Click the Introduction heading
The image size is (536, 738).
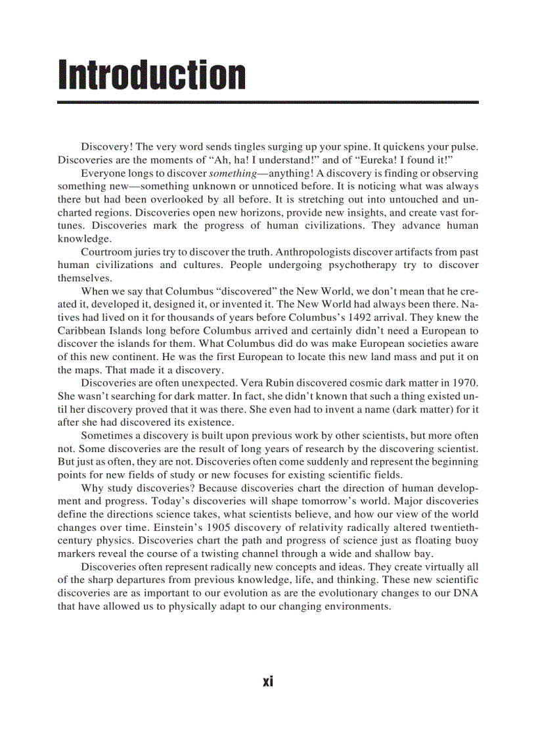(152, 75)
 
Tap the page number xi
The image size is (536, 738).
(267, 681)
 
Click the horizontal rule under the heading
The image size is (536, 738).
(267, 103)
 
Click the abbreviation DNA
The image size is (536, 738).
(467, 593)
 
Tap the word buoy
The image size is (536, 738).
(468, 541)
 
